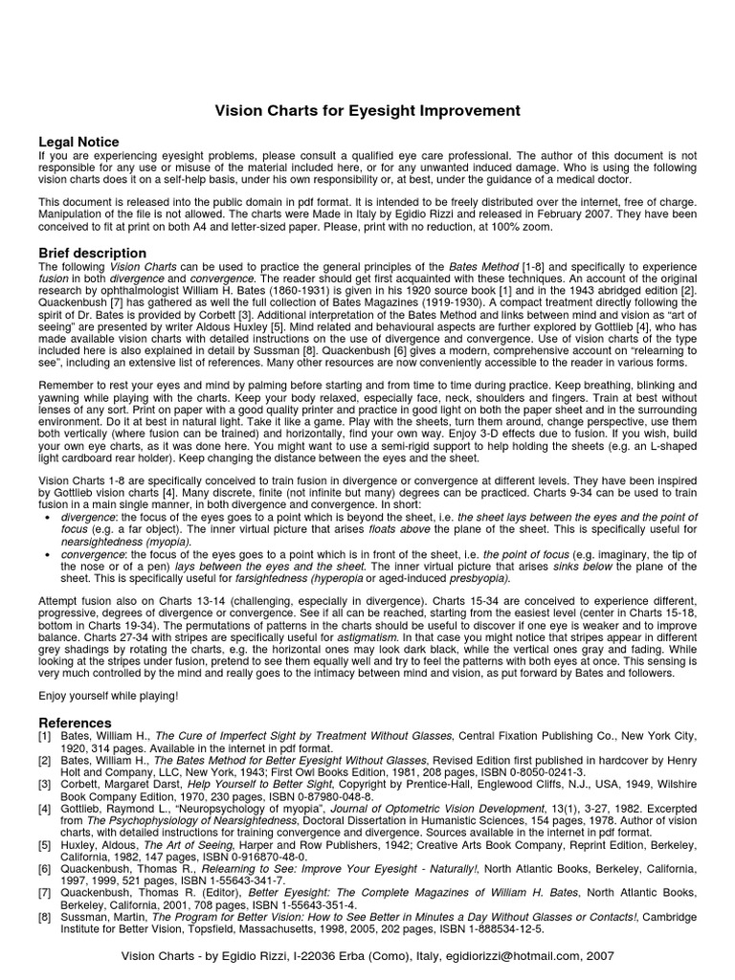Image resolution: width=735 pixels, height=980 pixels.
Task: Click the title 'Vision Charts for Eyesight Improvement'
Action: [367, 111]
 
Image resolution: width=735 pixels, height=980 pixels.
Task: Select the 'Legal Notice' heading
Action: [78, 142]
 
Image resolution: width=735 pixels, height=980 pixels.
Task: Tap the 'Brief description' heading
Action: [92, 253]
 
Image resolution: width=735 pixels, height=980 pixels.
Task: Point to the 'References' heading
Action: [75, 722]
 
